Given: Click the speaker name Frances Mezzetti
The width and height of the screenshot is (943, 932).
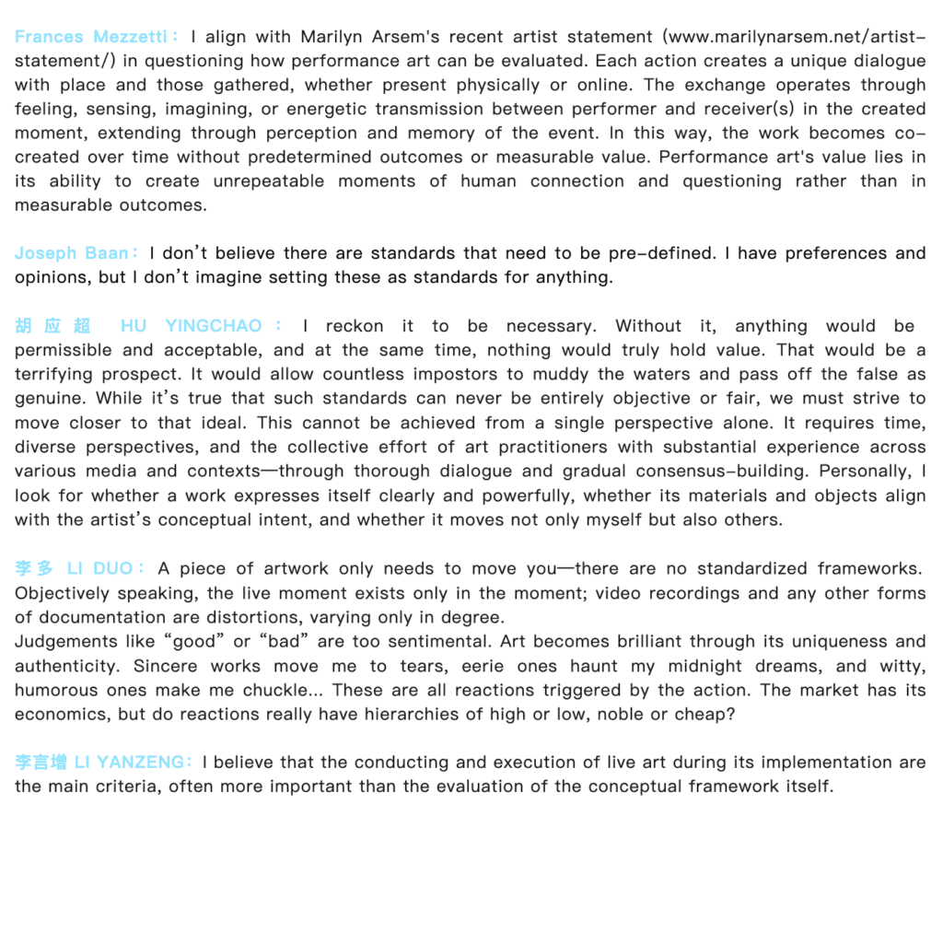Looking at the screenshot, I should coord(90,38).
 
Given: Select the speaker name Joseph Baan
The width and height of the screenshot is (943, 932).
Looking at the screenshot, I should coord(72,253).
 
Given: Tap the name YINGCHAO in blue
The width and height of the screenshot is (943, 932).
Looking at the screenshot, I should coord(213,326).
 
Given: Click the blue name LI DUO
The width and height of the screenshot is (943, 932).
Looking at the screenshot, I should coord(100,568).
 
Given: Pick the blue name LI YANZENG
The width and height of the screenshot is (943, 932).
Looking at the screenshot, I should coord(128,763).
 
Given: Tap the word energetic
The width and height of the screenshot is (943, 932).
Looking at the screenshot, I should coord(335,110).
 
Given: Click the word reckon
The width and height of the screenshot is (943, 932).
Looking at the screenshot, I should coord(355,326).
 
